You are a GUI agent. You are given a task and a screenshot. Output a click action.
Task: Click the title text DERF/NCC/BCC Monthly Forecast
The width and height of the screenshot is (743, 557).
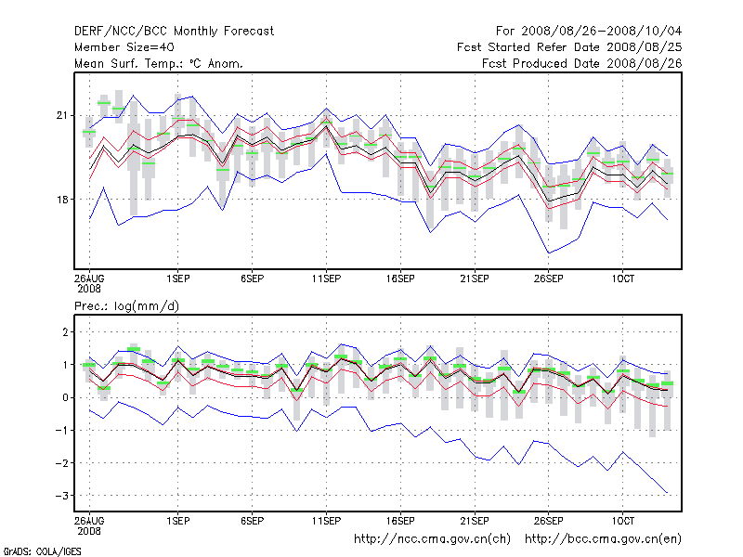(x=174, y=31)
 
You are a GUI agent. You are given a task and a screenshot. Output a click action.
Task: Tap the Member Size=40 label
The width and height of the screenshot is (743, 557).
(x=124, y=46)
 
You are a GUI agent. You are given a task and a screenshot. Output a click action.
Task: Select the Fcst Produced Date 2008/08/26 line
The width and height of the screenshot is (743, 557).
(x=581, y=63)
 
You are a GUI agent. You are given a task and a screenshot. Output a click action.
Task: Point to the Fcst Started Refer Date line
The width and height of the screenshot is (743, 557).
(x=569, y=46)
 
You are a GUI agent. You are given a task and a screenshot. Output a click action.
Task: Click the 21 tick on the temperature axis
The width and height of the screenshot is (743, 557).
(x=63, y=115)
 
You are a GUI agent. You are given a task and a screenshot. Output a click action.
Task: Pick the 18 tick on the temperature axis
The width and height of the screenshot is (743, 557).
(x=63, y=200)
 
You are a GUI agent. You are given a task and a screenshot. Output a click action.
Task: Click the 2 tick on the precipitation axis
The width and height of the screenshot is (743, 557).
(x=65, y=331)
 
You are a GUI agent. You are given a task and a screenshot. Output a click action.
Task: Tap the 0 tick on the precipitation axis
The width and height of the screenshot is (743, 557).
(x=65, y=397)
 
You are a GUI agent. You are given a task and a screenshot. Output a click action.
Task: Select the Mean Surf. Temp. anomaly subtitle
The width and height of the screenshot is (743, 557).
(x=159, y=63)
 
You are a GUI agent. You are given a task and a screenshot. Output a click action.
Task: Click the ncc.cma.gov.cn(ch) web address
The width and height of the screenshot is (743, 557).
(x=433, y=538)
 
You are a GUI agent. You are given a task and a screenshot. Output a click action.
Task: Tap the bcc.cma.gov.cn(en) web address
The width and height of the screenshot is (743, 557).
(x=604, y=538)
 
